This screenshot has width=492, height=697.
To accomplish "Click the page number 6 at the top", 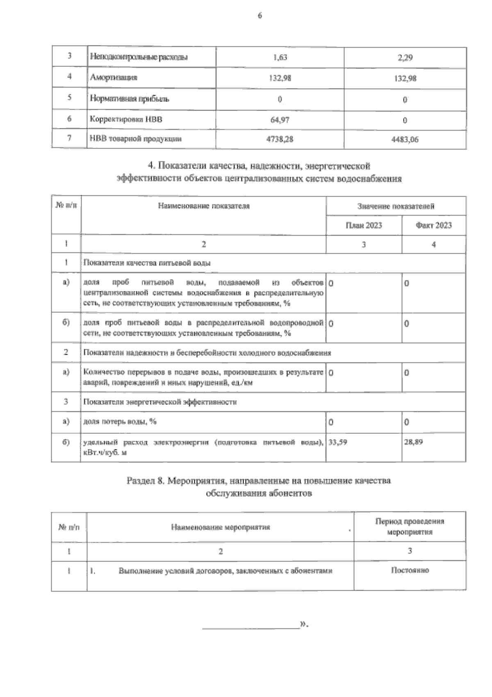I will pyautogui.click(x=259, y=16).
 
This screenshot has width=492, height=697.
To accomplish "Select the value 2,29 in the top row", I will pyautogui.click(x=405, y=58).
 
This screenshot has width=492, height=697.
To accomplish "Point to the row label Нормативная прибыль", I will pyautogui.click(x=130, y=99).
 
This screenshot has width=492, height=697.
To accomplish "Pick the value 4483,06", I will pyautogui.click(x=405, y=140).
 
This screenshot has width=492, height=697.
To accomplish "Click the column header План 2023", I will pyautogui.click(x=364, y=225).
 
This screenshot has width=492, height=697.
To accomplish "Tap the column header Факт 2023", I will pyautogui.click(x=433, y=225).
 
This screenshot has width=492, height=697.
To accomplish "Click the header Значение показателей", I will pyautogui.click(x=396, y=206).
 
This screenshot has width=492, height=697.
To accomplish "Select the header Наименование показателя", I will pyautogui.click(x=204, y=206).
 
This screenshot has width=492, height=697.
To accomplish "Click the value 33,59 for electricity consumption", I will pyautogui.click(x=338, y=442).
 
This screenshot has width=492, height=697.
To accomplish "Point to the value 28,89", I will pyautogui.click(x=413, y=442).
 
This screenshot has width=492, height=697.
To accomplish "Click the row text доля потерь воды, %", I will pyautogui.click(x=120, y=422).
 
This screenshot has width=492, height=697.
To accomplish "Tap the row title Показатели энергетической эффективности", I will pyautogui.click(x=160, y=402).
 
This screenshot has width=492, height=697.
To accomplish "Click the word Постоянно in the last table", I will pyautogui.click(x=410, y=570).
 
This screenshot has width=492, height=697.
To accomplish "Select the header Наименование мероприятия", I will pyautogui.click(x=221, y=527).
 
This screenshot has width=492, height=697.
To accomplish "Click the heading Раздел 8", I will pyautogui.click(x=146, y=481).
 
